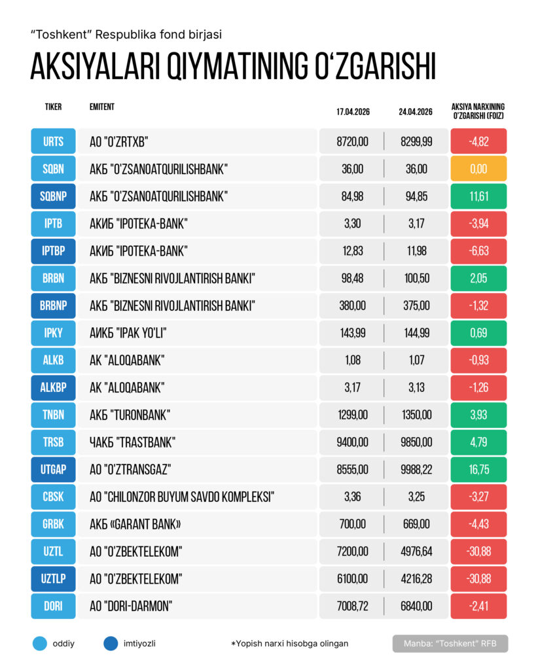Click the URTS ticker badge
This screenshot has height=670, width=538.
pos(54,142)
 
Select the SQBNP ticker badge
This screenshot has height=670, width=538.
pos(54,196)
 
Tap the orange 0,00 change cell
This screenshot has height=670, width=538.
pos(478,169)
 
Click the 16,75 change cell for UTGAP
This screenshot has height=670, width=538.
pos(478,469)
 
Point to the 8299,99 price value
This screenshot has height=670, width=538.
pos(416,142)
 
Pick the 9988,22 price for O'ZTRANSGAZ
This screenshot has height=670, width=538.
pos(416,469)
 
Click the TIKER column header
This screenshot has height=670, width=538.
pos(54,107)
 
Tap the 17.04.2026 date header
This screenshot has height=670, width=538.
pos(353,112)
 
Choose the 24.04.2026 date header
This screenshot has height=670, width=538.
pos(416,112)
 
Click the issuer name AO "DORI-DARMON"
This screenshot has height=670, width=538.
pos(130,606)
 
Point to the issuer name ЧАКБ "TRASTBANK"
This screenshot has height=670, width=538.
pos(133,442)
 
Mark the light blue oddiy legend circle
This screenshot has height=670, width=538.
pos(40,643)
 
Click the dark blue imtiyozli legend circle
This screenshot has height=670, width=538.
pos(111,643)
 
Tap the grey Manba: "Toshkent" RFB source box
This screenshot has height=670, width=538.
pos(450,643)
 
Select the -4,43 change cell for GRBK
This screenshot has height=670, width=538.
pos(478,524)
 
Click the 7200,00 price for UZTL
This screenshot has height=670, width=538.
pos(353,551)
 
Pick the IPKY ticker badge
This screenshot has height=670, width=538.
pos(54,333)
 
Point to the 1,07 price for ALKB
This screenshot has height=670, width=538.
pos(416,361)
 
